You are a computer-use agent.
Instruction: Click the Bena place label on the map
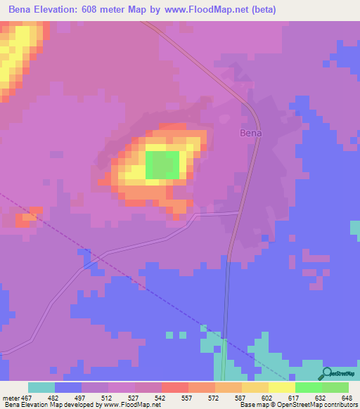[x=251, y=132]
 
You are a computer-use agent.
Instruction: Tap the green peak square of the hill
[x=162, y=165]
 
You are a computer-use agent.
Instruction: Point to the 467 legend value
[x=27, y=397]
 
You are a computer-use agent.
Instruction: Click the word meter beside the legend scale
[x=11, y=397]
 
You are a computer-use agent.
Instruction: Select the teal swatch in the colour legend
[x=41, y=387]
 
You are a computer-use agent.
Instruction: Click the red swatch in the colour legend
[x=174, y=387]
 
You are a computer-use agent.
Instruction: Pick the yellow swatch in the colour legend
[x=281, y=387]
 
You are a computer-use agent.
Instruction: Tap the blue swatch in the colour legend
[x=67, y=387]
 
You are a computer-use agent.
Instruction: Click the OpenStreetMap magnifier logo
[x=326, y=375]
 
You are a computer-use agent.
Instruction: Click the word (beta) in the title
[x=262, y=10]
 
